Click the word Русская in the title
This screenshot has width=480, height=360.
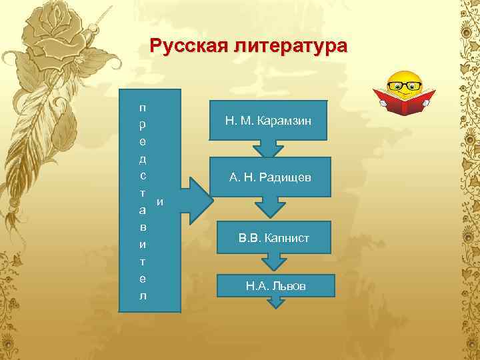(x=189, y=47)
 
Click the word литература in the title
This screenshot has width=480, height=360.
(x=289, y=47)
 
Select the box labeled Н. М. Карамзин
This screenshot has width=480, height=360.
(x=268, y=121)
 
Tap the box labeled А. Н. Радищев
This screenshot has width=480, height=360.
(x=269, y=177)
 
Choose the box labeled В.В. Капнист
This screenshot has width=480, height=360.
(x=274, y=237)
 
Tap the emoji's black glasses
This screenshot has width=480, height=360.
(x=405, y=86)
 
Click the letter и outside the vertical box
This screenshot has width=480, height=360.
(x=159, y=201)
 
